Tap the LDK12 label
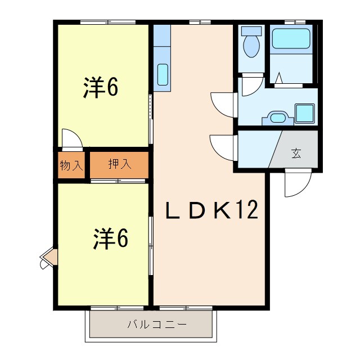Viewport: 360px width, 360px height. pos(211,210)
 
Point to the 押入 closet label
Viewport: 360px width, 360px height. pos(119,164)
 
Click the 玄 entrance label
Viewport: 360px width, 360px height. pos(296,153)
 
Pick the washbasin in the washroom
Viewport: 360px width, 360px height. pos(277,118)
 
